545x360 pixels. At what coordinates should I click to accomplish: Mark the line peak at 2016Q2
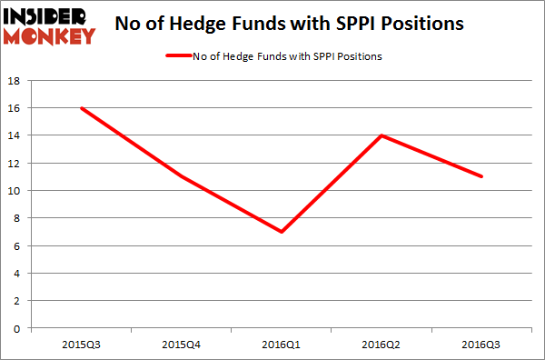(x=382, y=135)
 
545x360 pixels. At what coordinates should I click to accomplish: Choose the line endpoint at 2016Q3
(x=481, y=176)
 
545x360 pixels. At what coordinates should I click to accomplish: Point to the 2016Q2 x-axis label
(x=382, y=343)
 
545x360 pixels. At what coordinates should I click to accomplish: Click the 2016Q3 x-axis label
(x=481, y=343)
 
